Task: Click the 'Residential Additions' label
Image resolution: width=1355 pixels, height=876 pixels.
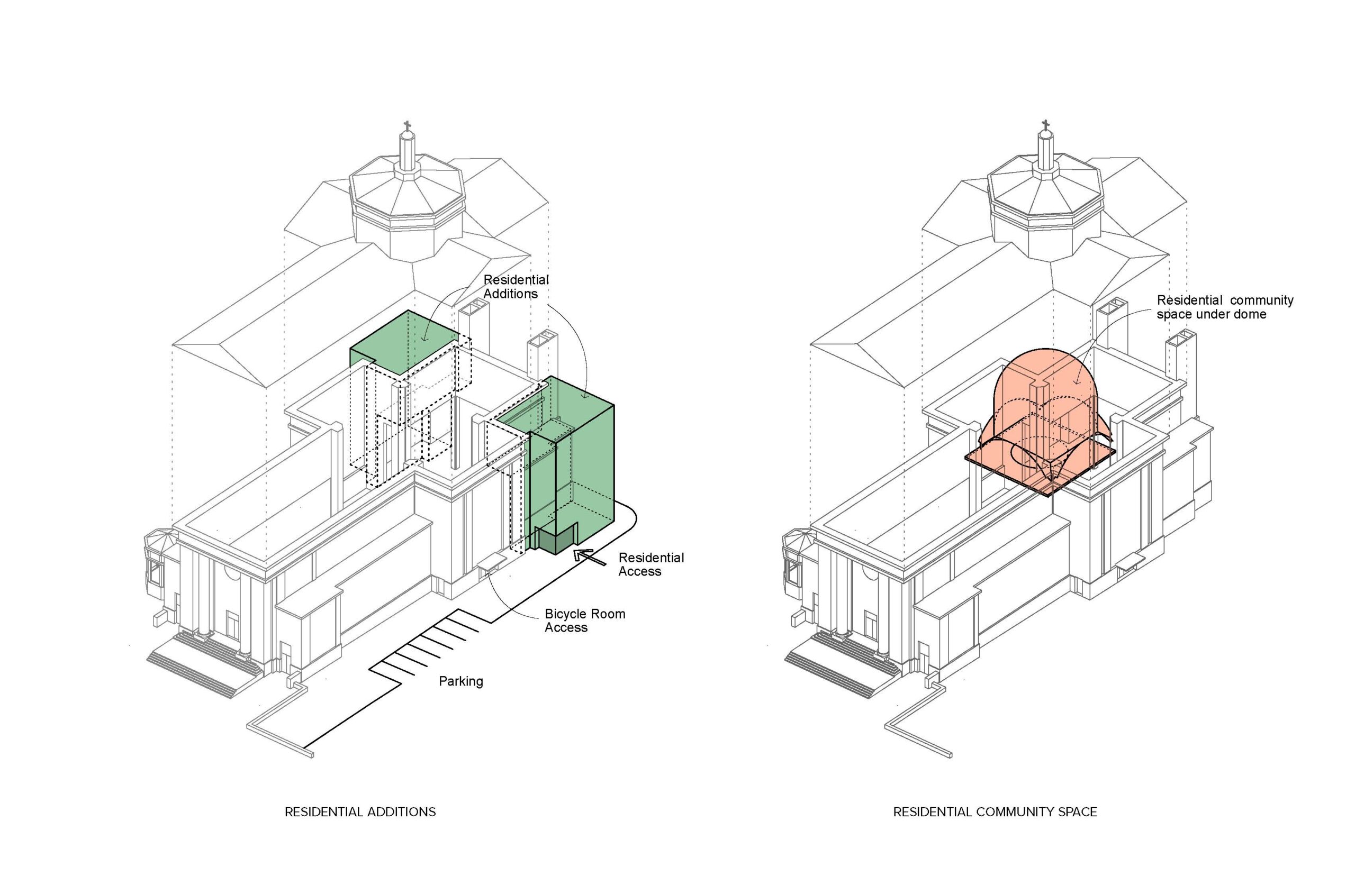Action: [515, 287]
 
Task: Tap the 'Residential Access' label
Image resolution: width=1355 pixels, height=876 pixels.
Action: [651, 564]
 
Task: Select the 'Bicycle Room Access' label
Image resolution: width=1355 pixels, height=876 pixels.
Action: [584, 620]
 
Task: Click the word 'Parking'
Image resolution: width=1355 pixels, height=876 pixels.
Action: [460, 681]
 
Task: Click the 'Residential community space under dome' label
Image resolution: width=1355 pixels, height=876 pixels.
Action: [1224, 307]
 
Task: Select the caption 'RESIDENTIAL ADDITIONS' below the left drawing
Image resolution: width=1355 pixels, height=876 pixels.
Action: [360, 811]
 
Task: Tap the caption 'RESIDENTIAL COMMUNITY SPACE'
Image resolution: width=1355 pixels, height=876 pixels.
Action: [995, 811]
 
